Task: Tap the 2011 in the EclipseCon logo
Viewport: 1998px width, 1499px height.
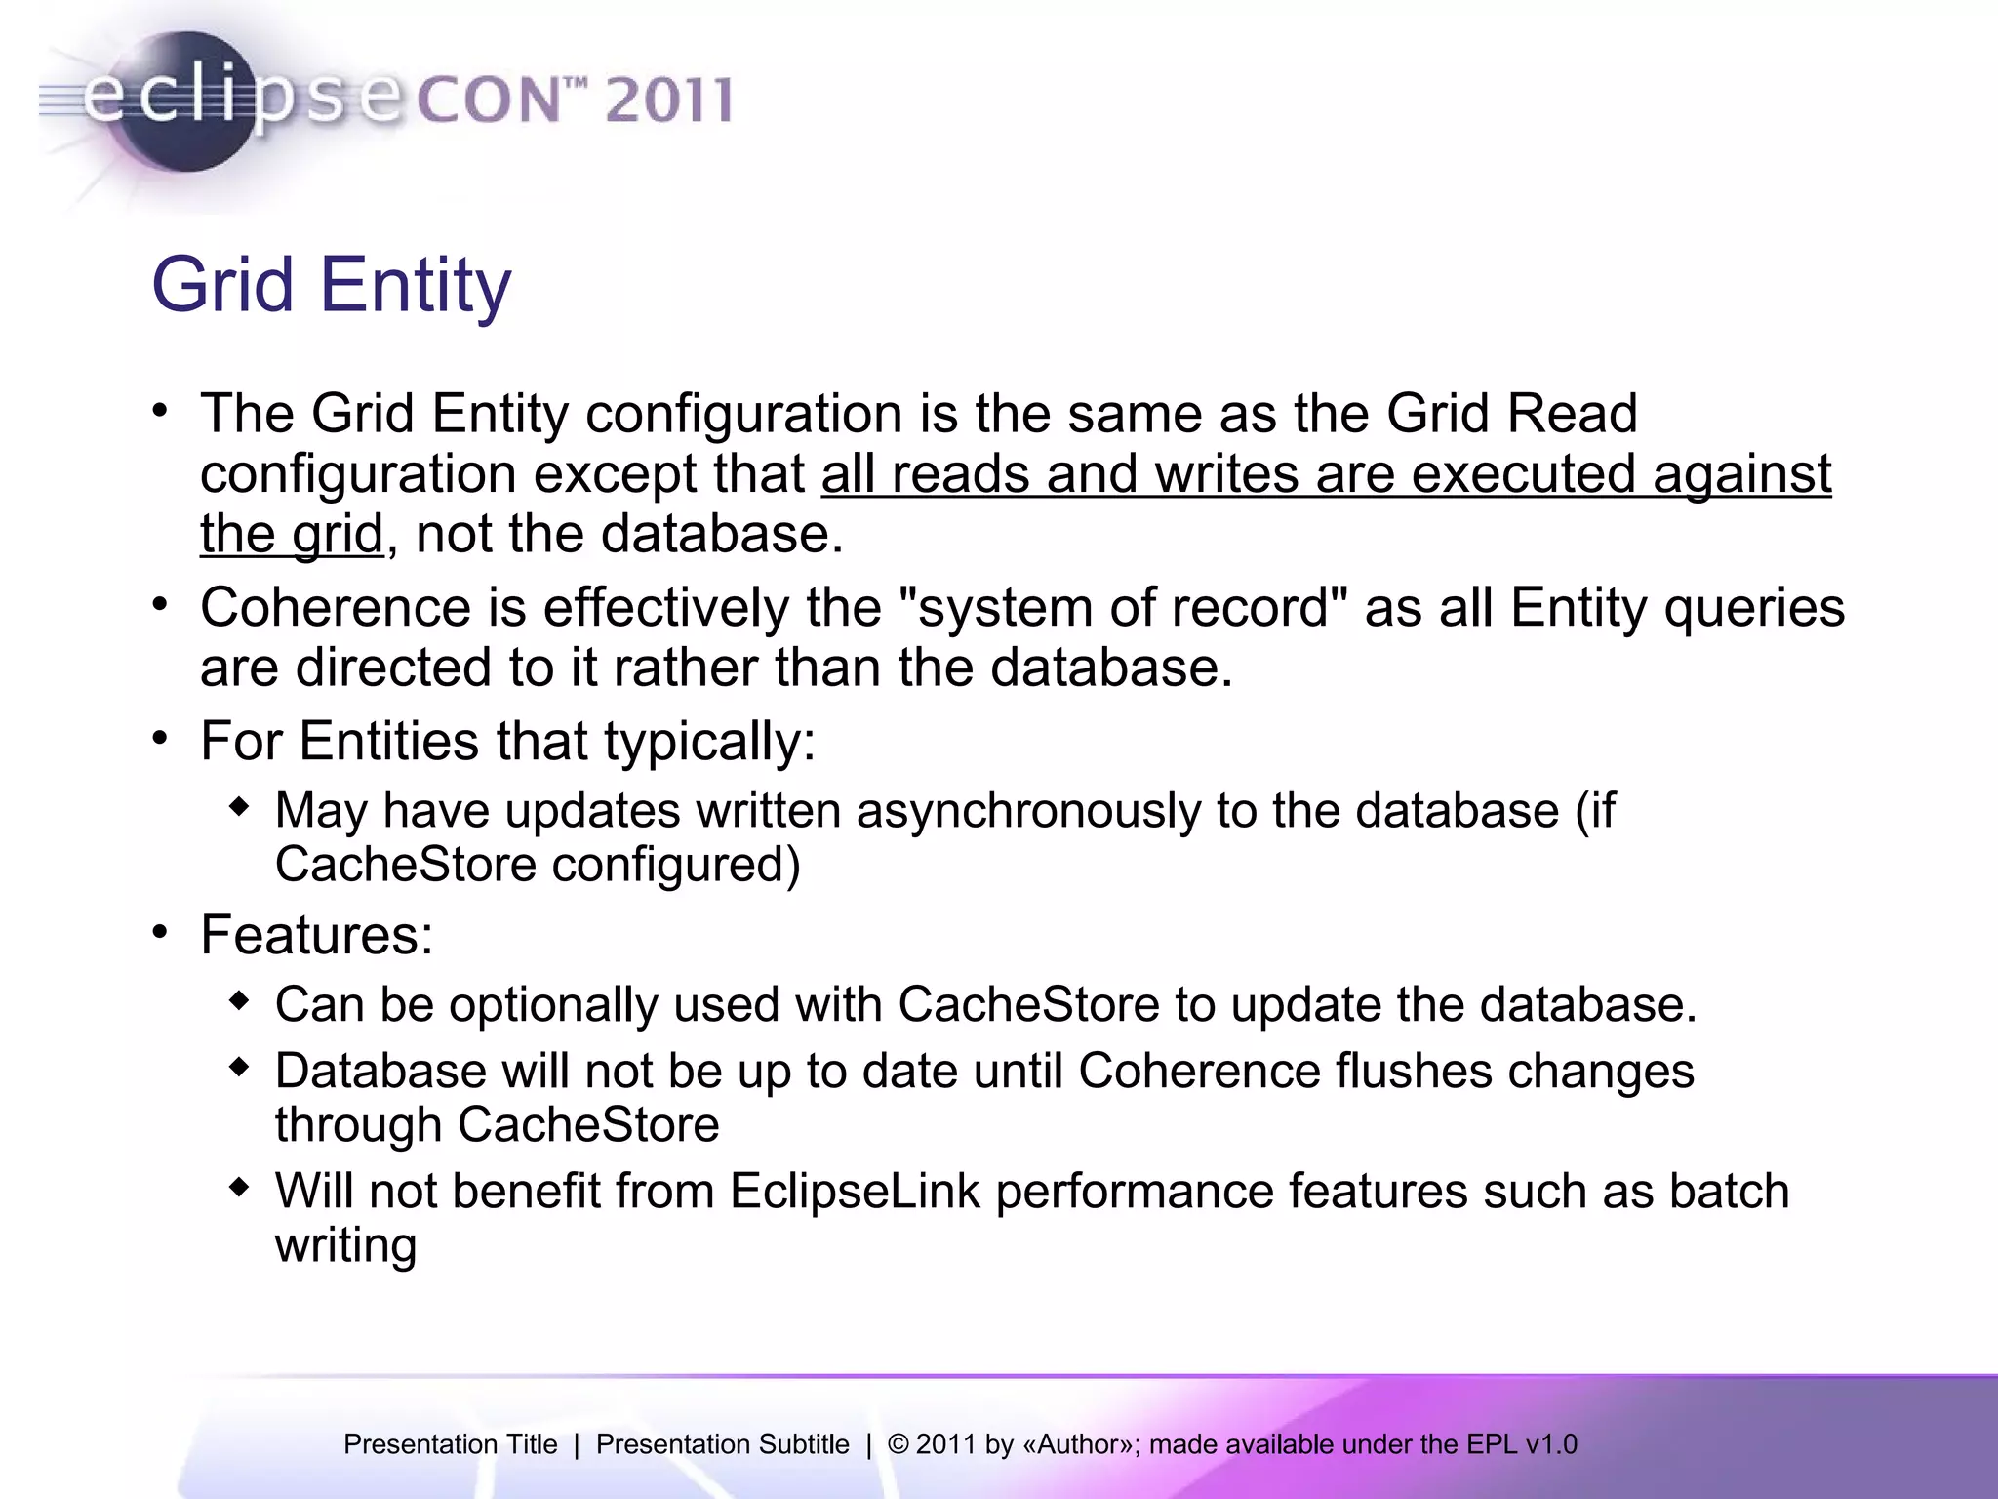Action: point(668,101)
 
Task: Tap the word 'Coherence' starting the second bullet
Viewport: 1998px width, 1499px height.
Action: point(336,607)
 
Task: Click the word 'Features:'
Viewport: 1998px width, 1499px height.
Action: point(316,935)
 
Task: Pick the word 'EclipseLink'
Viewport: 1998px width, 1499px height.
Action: point(854,1192)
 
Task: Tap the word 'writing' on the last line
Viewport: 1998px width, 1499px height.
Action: point(345,1246)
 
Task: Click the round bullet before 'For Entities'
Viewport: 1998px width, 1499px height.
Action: point(161,739)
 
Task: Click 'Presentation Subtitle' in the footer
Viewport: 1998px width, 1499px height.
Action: point(722,1444)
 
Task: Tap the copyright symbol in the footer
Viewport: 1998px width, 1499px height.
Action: point(898,1444)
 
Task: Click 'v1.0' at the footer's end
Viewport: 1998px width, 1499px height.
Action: point(1550,1444)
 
